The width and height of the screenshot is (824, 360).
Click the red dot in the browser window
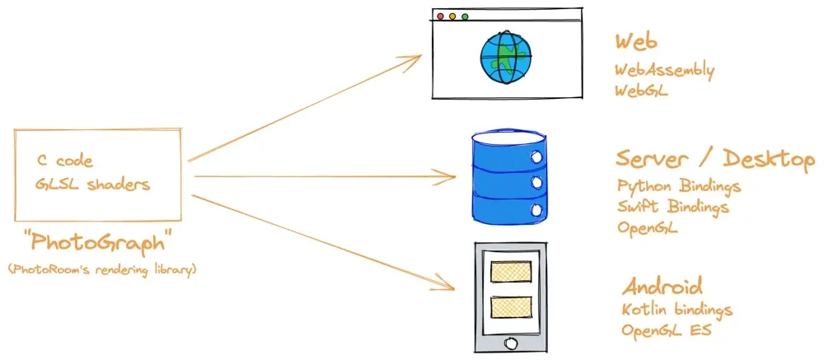pos(440,16)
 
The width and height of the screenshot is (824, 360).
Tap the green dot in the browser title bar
pos(465,16)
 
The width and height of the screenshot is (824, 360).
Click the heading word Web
pos(636,41)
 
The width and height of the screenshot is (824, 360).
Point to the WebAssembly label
pos(665,70)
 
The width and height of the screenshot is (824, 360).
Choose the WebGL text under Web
pos(642,91)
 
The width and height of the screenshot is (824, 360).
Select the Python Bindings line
pos(679,186)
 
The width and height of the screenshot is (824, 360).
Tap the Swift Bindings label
pos(673,207)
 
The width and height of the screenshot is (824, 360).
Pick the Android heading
pos(662,287)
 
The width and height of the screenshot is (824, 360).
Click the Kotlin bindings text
pos(677,309)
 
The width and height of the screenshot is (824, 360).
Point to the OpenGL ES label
pos(667,330)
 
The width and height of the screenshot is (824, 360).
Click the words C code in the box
pos(64,161)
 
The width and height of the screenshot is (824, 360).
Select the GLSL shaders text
pos(93,185)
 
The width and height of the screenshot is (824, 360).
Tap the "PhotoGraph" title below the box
pos(98,243)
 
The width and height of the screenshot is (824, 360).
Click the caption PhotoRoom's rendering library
pos(102,269)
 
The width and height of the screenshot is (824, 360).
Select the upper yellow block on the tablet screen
pos(510,271)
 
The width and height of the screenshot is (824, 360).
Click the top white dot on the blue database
pos(536,157)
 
